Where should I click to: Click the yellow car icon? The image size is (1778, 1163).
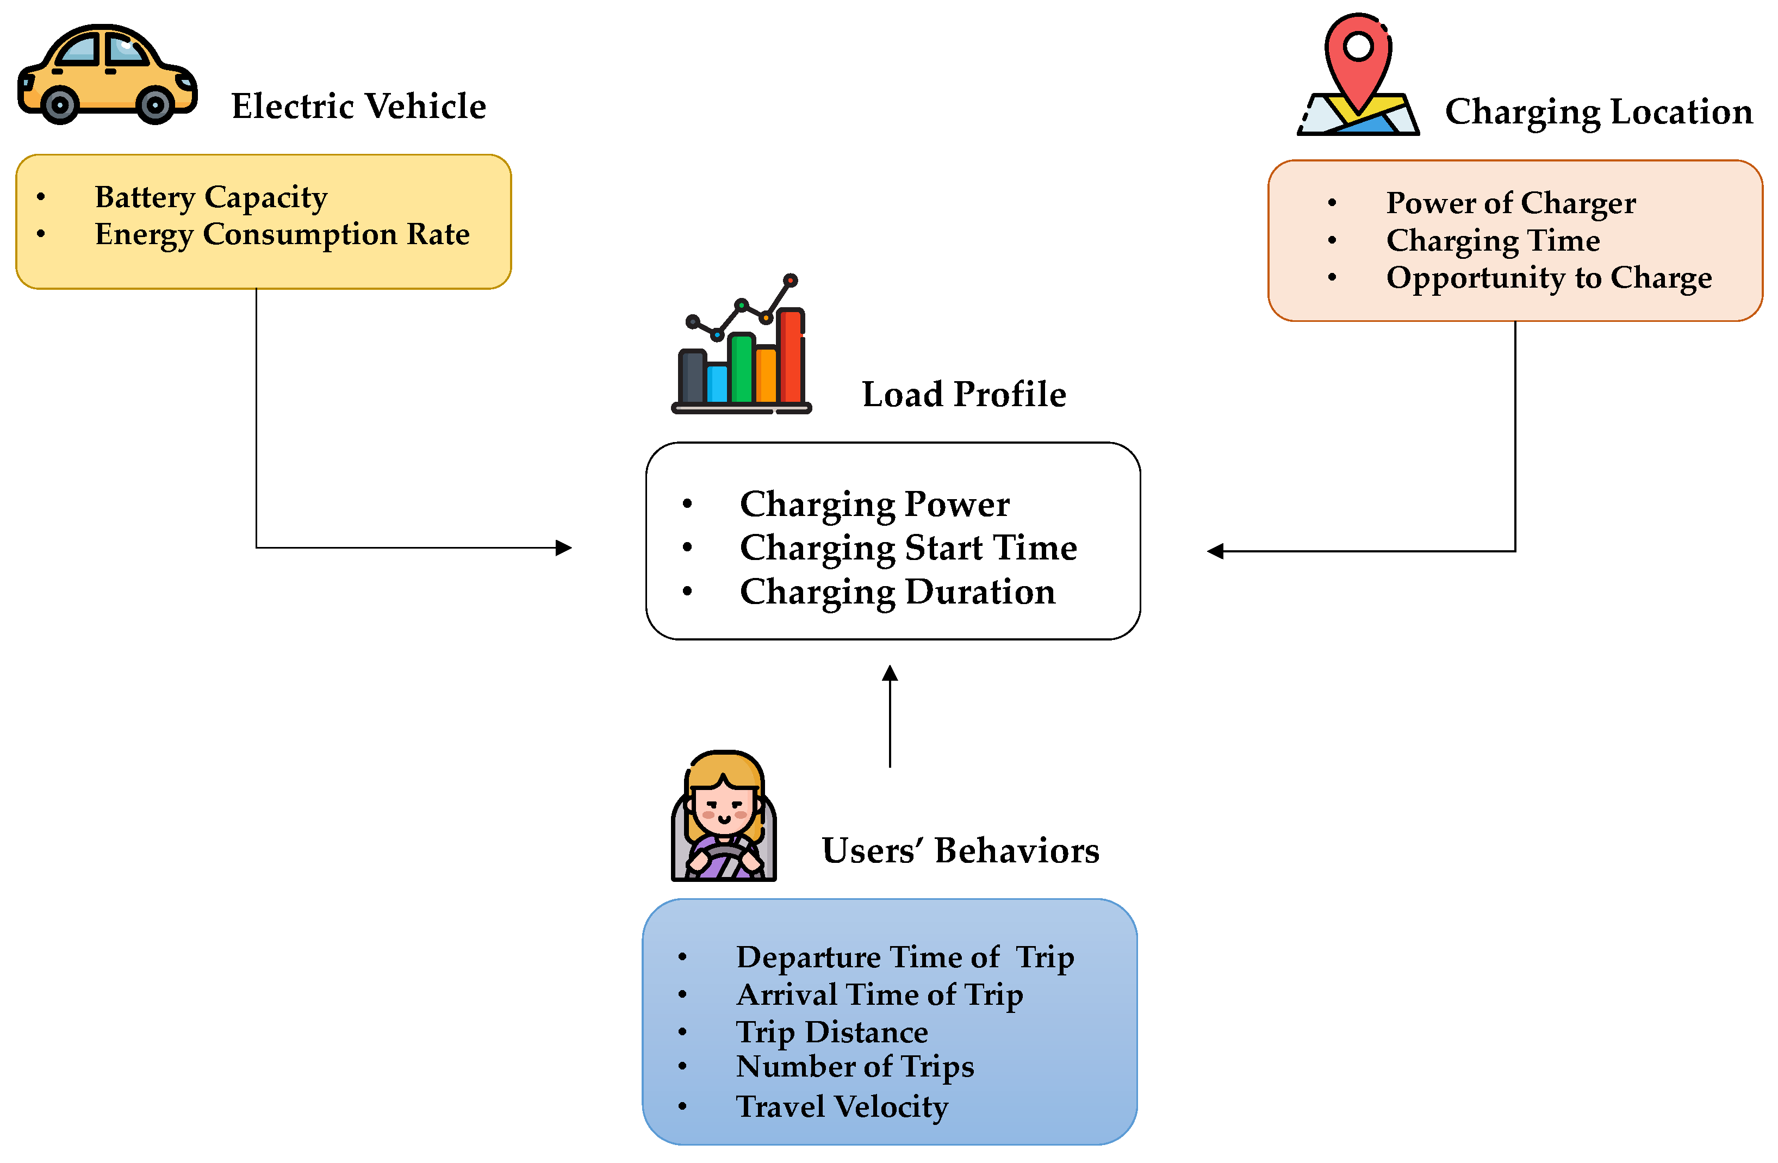click(108, 74)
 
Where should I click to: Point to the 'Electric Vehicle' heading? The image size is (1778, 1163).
click(358, 106)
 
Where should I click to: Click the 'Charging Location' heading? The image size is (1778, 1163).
click(1599, 112)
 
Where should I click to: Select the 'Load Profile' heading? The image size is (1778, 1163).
click(963, 394)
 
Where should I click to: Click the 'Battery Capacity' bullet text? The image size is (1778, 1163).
click(212, 198)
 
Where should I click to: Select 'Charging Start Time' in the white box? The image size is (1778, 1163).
click(909, 548)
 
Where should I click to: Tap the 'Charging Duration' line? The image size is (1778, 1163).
click(898, 592)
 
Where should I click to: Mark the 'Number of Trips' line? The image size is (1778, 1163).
click(855, 1067)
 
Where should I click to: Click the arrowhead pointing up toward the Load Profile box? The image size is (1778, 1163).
click(890, 673)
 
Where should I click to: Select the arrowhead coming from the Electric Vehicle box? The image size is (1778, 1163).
click(564, 548)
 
